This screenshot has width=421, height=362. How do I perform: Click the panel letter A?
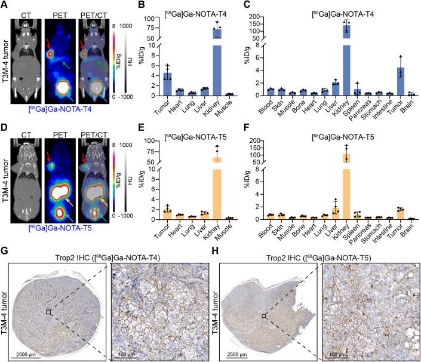[4, 5]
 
